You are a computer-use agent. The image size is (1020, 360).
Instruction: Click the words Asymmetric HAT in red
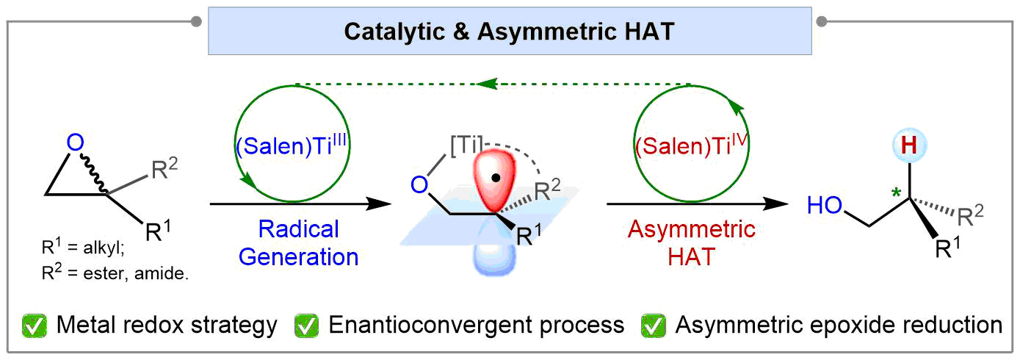click(691, 243)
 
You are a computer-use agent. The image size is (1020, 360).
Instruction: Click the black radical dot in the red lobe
click(497, 176)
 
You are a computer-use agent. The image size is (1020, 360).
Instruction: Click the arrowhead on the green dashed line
click(484, 84)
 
